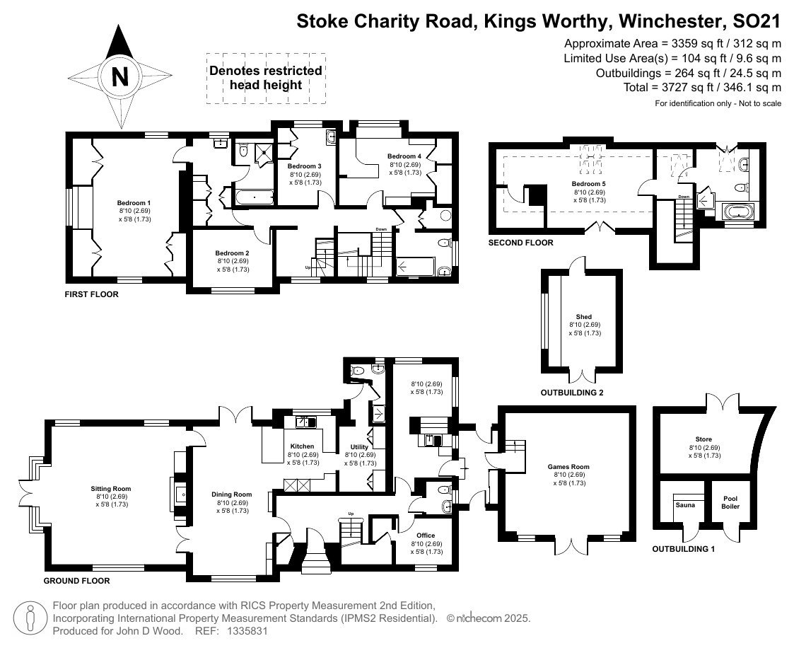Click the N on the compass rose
[x=120, y=77]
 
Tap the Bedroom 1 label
[x=134, y=202]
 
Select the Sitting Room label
[x=111, y=488]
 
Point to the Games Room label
[x=568, y=467]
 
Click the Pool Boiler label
[x=730, y=502]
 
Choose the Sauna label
[x=685, y=504]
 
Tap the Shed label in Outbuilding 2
[x=584, y=317]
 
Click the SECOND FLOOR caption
[x=520, y=243]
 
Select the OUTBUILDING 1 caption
[x=684, y=549]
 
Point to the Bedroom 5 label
[x=588, y=184]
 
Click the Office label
[x=426, y=535]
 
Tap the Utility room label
[x=360, y=447]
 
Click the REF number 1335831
[x=249, y=631]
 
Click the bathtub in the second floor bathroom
[x=738, y=212]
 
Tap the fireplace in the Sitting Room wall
[x=179, y=493]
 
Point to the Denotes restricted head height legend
[x=266, y=78]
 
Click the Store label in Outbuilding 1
[x=703, y=439]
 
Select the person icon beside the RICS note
[x=30, y=618]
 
